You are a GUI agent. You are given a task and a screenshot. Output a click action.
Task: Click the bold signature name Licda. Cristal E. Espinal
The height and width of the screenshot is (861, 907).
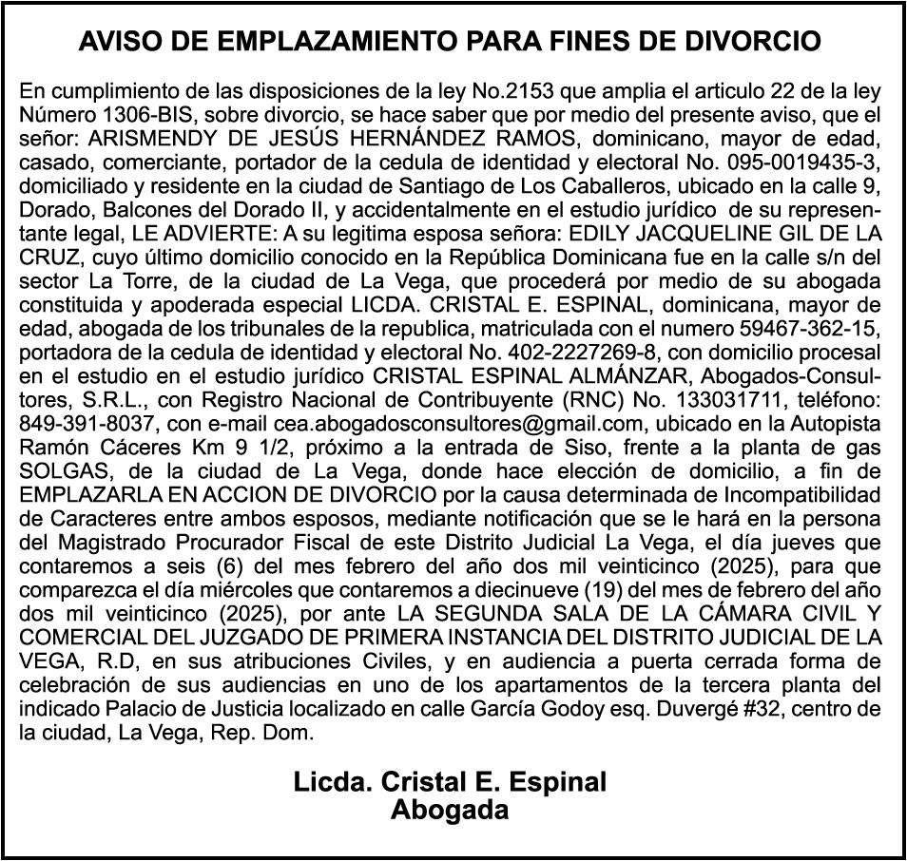pyautogui.click(x=451, y=782)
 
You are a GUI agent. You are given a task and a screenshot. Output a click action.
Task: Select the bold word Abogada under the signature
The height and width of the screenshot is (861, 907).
pyautogui.click(x=451, y=810)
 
